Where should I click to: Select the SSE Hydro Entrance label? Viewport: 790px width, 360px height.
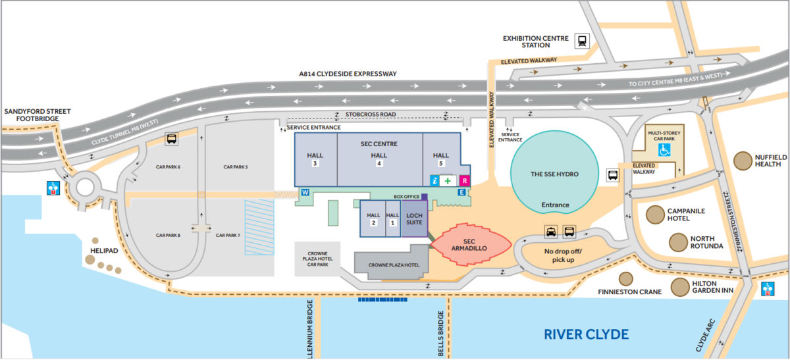tap(555, 205)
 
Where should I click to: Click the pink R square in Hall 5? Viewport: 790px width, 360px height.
tap(464, 180)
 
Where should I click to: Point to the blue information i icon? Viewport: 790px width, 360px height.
tap(434, 180)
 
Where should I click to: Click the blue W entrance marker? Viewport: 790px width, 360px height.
tap(305, 192)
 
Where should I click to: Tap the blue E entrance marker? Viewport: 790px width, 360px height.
tap(461, 192)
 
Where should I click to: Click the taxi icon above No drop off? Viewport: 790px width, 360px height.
tap(550, 232)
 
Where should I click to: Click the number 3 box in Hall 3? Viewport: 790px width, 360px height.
tap(315, 164)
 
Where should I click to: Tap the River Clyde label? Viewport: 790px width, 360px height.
tap(586, 334)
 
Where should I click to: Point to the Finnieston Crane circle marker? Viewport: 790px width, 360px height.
tap(625, 279)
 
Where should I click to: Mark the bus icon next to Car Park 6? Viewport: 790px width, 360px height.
tap(171, 140)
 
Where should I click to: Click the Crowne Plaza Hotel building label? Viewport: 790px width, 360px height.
tap(393, 265)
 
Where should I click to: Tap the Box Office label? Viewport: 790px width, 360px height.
tap(407, 197)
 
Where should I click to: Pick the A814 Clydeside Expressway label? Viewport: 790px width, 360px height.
tap(348, 74)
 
